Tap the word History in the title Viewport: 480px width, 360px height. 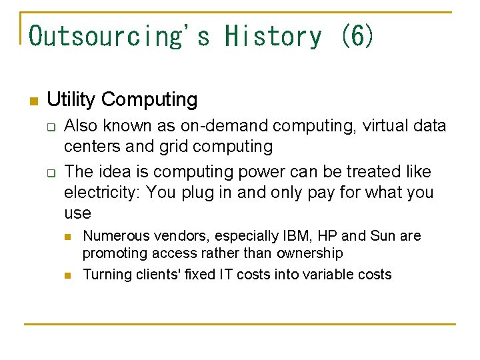[x=273, y=36]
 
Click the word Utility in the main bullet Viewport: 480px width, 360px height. [x=72, y=100]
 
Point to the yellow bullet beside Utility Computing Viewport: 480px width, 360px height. [x=33, y=101]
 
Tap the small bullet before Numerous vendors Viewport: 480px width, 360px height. [x=68, y=237]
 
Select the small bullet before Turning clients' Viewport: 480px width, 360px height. [x=68, y=275]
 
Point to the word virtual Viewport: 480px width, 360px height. [x=385, y=126]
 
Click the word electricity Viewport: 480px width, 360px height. [x=101, y=193]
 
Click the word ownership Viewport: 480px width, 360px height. [x=310, y=253]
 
